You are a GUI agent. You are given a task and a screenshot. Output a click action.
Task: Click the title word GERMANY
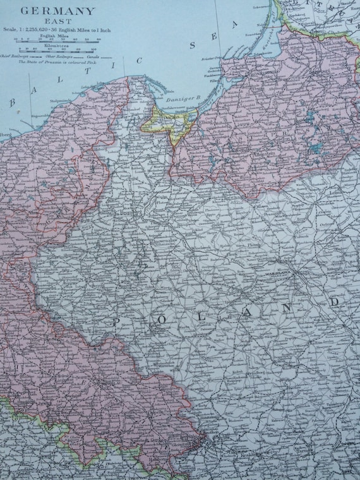pos(57,11)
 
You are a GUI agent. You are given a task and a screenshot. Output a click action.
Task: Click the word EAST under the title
pos(57,21)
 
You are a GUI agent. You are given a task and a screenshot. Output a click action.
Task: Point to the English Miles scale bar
pos(57,39)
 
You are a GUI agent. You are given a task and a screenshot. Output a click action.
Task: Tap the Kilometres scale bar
pos(57,49)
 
